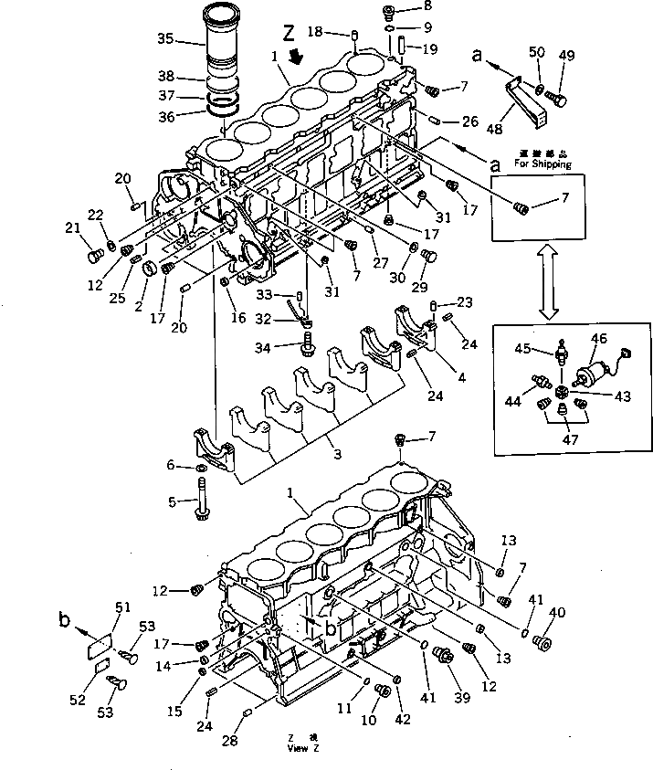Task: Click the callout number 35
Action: [164, 38]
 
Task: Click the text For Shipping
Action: [542, 165]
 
